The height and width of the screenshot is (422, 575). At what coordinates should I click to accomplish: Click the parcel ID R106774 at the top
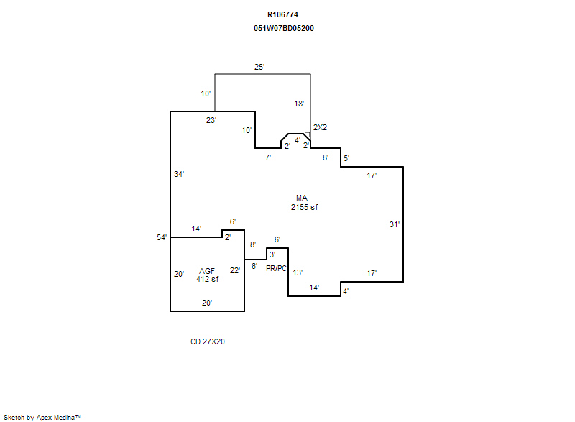point(282,14)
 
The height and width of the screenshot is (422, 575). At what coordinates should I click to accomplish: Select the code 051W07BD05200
point(284,28)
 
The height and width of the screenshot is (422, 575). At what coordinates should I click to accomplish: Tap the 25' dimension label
point(259,67)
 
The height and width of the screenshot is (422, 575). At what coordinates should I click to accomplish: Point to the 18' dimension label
point(299,104)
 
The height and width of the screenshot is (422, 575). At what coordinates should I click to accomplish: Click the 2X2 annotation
point(320,127)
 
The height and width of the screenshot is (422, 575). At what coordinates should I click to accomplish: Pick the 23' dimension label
point(211,120)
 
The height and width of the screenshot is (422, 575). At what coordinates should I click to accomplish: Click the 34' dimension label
point(179,174)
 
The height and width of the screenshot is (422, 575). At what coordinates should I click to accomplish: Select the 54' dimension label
point(162,237)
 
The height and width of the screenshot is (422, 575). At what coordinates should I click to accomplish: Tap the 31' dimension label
point(395,224)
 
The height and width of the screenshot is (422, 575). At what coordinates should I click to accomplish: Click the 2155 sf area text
point(304,207)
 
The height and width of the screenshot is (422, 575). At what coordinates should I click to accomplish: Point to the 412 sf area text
point(207,279)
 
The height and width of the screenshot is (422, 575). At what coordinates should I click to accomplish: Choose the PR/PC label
point(276,268)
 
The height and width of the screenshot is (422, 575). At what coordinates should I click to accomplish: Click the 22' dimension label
point(235,270)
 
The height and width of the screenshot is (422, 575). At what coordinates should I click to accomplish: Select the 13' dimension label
point(298,272)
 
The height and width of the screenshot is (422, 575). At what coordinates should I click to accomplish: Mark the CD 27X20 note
point(208,341)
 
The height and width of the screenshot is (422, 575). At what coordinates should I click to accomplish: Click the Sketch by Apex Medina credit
point(42,417)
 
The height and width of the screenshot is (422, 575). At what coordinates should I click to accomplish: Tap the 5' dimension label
point(346,158)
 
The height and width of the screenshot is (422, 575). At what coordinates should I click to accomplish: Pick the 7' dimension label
point(268,157)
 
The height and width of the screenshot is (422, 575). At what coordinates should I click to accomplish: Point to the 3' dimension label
point(272,254)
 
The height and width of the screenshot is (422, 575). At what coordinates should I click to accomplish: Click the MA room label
point(302,198)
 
